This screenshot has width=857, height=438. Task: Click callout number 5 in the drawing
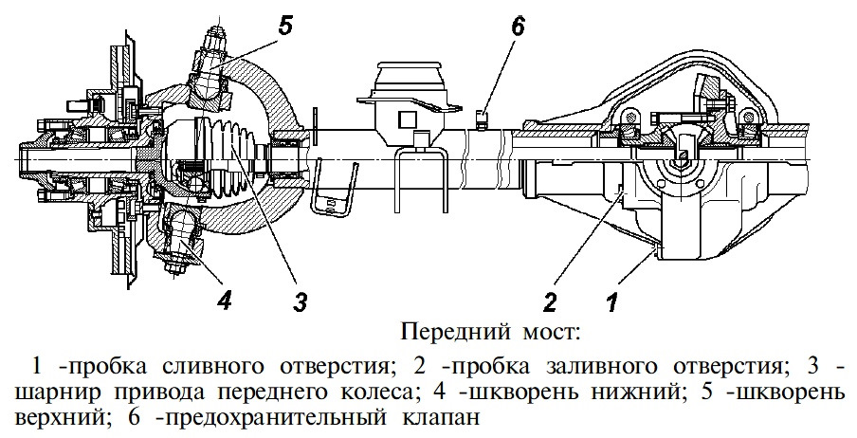[283, 26]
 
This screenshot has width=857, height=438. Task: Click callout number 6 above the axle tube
[517, 27]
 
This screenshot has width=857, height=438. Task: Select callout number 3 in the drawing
[300, 303]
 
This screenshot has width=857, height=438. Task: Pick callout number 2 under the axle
[549, 303]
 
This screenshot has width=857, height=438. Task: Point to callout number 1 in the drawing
[611, 303]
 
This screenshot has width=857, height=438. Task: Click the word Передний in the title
[445, 333]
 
